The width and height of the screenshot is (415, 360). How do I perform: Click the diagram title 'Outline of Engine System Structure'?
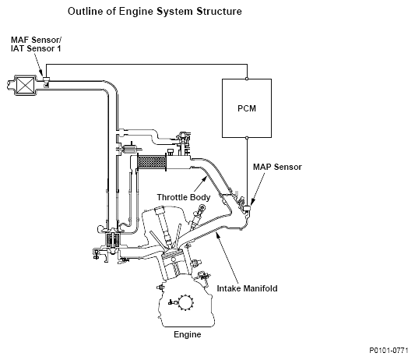[x=155, y=12]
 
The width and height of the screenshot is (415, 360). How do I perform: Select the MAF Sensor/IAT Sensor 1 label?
[x=36, y=44]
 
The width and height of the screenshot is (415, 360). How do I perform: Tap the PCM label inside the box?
[x=247, y=108]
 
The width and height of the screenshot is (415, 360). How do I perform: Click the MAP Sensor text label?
[x=277, y=167]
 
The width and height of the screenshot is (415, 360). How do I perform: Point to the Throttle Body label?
[x=184, y=197]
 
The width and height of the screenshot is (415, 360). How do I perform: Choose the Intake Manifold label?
[x=247, y=288]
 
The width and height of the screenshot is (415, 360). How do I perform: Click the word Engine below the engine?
[x=188, y=334]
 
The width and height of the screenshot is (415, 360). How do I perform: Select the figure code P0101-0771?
[x=389, y=351]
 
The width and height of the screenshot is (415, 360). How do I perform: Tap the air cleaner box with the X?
[x=25, y=84]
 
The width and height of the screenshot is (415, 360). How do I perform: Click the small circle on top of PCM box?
[x=247, y=79]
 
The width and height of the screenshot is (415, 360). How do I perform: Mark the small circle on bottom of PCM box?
[x=247, y=137]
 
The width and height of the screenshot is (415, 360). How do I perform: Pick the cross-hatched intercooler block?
[x=151, y=161]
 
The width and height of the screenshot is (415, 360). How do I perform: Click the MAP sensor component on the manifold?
[x=247, y=209]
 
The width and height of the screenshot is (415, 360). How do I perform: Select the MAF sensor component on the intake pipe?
[x=46, y=81]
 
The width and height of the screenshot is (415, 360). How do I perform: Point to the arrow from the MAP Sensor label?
[x=258, y=189]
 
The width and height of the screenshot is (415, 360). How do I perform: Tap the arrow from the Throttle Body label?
[x=200, y=184]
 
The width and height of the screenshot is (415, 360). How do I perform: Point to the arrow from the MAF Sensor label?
[x=39, y=64]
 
